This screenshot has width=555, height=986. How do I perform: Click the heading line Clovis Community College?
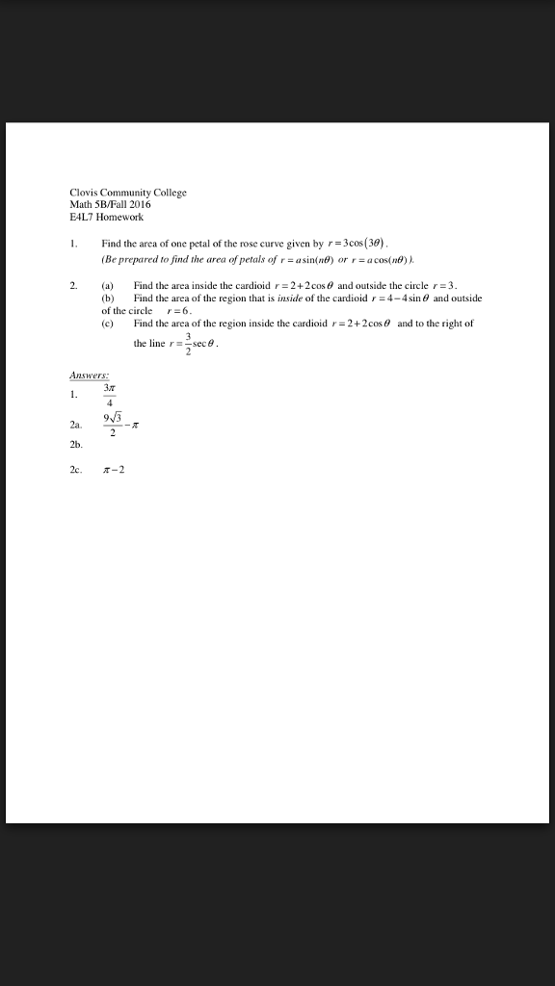pyautogui.click(x=128, y=193)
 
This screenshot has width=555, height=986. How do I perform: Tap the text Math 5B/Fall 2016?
pyautogui.click(x=110, y=204)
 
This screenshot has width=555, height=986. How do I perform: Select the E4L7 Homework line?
pyautogui.click(x=106, y=217)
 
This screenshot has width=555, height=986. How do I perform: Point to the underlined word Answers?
pyautogui.click(x=90, y=376)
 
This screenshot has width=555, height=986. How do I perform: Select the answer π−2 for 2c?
pyautogui.click(x=114, y=470)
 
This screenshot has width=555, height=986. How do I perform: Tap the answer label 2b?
pyautogui.click(x=76, y=446)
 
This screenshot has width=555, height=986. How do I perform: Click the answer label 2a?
pyautogui.click(x=76, y=425)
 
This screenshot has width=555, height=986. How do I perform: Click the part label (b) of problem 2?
pyautogui.click(x=108, y=299)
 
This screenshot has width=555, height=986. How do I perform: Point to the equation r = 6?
pyautogui.click(x=180, y=312)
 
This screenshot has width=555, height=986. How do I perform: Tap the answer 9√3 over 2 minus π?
pyautogui.click(x=122, y=424)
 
